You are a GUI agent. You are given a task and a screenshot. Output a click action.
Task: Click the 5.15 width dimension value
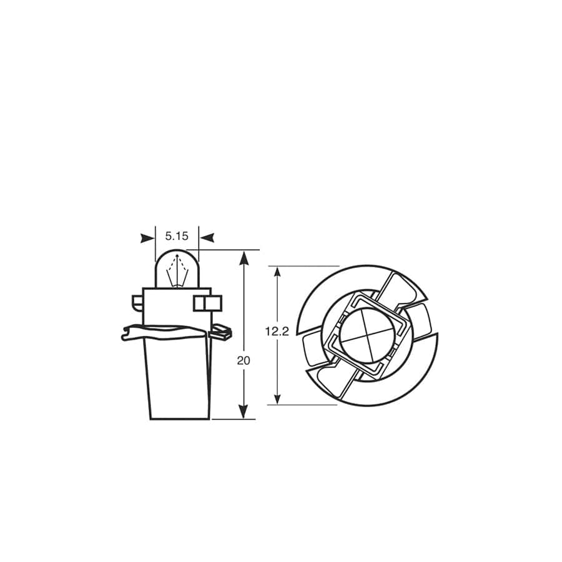point(176,237)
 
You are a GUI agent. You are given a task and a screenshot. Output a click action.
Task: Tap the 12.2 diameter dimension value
point(277,332)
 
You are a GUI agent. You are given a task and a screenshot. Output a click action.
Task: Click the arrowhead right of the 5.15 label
point(207,237)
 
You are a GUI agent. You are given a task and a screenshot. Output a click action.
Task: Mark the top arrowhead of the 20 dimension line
point(244,257)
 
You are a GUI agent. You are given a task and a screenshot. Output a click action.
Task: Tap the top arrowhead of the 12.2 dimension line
point(278,274)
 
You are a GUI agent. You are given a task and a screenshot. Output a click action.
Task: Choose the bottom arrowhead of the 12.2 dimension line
point(278,397)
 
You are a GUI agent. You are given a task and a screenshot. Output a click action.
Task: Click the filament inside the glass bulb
point(177,272)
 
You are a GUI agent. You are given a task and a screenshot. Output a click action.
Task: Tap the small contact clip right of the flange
point(222,332)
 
